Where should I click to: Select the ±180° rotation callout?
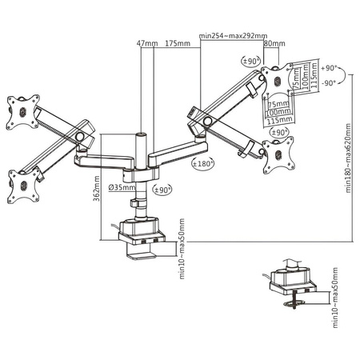[x=205, y=164]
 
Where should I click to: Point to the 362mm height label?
[x=97, y=192]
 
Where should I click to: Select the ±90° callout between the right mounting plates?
[x=279, y=131]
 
